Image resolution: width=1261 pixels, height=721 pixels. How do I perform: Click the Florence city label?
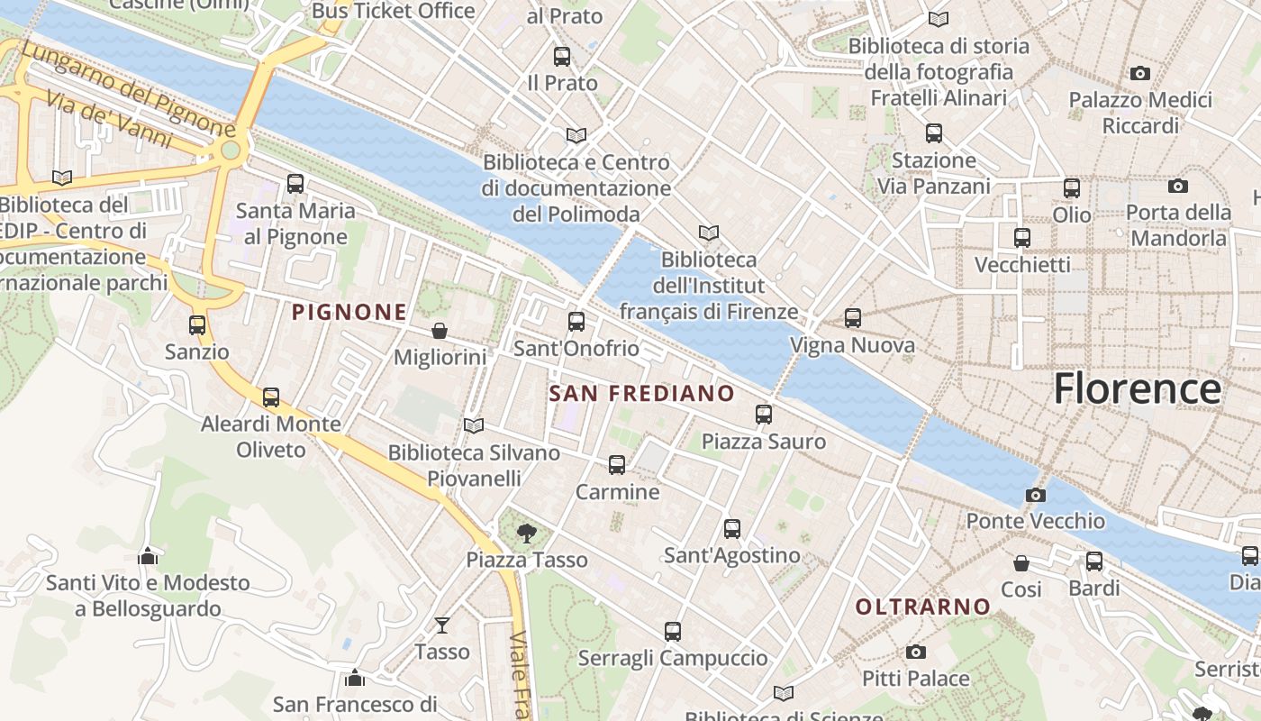pos(1137,388)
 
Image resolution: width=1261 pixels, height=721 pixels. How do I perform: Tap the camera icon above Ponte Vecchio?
pos(1036,495)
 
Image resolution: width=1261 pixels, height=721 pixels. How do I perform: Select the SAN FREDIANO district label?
pos(641,394)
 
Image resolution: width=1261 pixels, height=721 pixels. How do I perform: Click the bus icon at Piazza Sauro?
pos(764,415)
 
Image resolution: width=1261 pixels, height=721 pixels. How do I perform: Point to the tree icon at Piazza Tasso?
pos(526,534)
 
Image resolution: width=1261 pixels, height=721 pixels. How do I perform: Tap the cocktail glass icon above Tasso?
pos(442,625)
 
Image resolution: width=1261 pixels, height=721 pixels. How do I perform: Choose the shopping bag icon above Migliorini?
pos(440,331)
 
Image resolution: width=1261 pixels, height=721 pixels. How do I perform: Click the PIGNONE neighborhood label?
pos(349,313)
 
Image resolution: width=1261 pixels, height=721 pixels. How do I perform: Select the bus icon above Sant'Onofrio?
pos(576,322)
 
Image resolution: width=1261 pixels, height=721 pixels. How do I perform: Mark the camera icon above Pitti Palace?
pos(916,652)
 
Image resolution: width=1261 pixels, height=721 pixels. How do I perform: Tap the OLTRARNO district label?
pos(923,607)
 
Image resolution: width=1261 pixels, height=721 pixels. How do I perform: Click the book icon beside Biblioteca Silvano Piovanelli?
pos(474,425)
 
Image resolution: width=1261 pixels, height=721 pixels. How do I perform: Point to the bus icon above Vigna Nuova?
pos(853,318)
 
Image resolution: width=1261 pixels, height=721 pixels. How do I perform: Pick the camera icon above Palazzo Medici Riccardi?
pos(1140,73)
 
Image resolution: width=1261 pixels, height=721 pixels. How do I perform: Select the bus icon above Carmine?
pos(617,465)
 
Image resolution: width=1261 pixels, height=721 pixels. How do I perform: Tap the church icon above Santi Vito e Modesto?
pos(148,556)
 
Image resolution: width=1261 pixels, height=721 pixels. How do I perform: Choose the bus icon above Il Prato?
pos(562,57)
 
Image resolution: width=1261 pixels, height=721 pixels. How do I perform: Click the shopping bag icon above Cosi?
pos(1021,563)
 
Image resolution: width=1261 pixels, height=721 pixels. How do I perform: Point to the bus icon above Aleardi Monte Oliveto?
pos(271,397)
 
